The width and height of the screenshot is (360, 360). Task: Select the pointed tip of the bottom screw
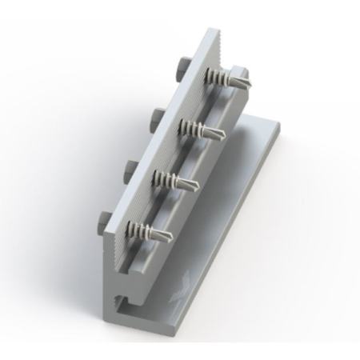[x=171, y=238]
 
